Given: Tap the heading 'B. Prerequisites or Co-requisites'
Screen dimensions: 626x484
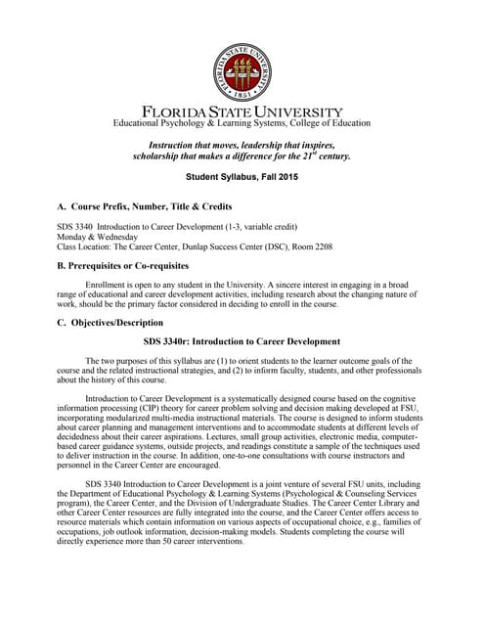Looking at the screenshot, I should coord(129,265).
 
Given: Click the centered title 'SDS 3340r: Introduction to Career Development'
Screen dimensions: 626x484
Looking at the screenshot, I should coord(242,341).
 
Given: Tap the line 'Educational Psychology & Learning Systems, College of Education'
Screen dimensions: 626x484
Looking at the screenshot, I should coord(242,123).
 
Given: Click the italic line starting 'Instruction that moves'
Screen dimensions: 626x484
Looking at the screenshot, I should coord(242,144).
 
